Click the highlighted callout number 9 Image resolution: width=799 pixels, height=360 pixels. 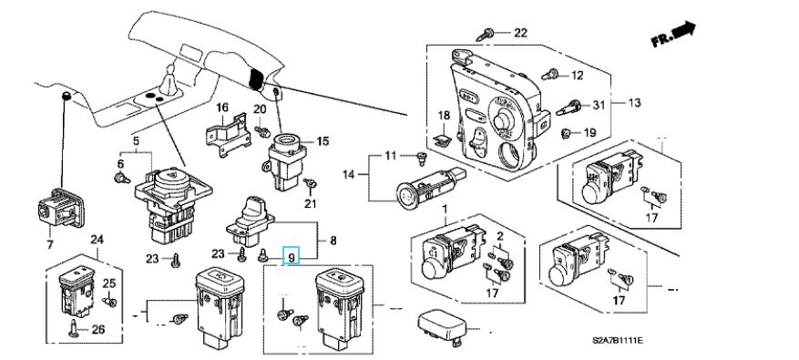pyautogui.click(x=292, y=254)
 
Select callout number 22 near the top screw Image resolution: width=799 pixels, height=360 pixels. pyautogui.click(x=520, y=33)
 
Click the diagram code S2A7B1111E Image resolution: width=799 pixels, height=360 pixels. pyautogui.click(x=617, y=340)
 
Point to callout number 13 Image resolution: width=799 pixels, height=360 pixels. pyautogui.click(x=634, y=103)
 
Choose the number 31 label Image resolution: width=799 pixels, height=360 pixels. pyautogui.click(x=598, y=106)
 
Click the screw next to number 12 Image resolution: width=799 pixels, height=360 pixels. pyautogui.click(x=549, y=75)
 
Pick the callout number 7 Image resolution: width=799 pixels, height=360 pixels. pyautogui.click(x=49, y=245)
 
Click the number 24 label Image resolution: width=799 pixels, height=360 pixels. pyautogui.click(x=97, y=239)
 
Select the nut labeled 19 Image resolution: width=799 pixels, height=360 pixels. pyautogui.click(x=565, y=134)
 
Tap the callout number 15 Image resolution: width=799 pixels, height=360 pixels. pyautogui.click(x=323, y=142)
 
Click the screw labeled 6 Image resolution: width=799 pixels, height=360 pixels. pyautogui.click(x=121, y=178)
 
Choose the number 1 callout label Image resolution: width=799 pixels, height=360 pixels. pyautogui.click(x=444, y=209)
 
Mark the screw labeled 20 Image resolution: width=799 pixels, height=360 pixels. pyautogui.click(x=263, y=132)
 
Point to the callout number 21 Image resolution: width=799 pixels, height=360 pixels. pyautogui.click(x=311, y=204)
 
